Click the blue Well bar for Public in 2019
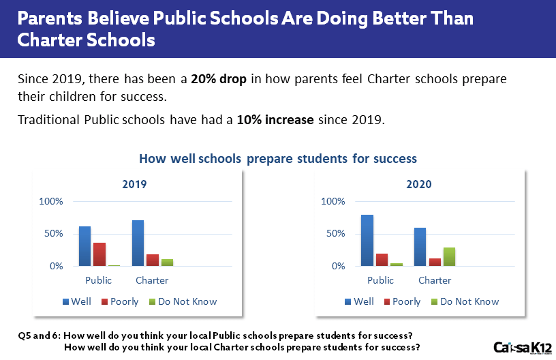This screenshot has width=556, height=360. point(84,246)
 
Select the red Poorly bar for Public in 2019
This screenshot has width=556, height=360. point(99,254)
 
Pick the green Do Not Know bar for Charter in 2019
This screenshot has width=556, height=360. point(168,262)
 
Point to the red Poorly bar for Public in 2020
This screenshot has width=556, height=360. point(382,260)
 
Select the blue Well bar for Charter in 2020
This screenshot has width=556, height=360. point(420,247)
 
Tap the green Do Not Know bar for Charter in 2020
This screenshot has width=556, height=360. point(450,257)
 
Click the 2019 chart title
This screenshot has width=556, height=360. point(134,185)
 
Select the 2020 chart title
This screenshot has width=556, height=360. point(419,185)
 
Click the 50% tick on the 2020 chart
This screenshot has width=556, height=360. point(335,234)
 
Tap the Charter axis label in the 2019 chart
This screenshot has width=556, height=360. point(152,280)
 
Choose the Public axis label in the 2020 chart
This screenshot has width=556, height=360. point(380,280)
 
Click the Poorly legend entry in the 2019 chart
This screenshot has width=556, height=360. point(121,301)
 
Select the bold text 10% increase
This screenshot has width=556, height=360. point(275,121)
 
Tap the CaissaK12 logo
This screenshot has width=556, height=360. point(523,346)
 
